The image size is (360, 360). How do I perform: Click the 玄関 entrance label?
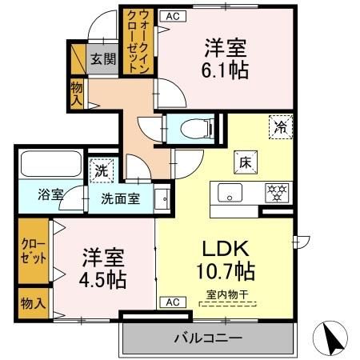101,58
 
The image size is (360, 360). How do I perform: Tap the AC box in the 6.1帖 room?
171,14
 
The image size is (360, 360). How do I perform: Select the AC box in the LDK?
171,302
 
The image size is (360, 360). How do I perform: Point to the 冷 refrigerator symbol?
280,126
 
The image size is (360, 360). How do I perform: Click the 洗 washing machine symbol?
102,170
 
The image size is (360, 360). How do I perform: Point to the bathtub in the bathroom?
46,164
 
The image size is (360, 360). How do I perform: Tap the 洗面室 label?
121,198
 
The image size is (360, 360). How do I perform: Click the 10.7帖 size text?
225,270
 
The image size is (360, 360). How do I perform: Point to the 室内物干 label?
227,294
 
